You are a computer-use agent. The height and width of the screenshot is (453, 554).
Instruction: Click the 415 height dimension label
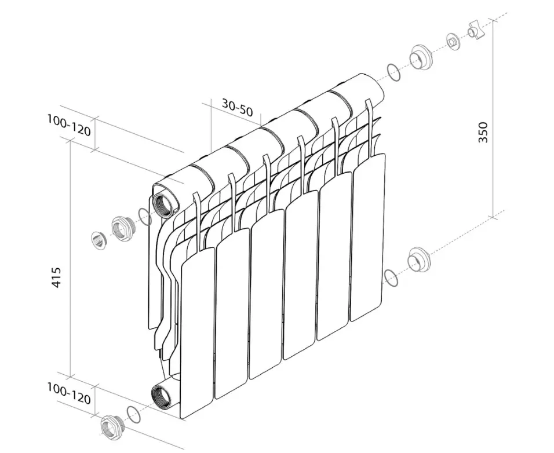[x=57, y=277]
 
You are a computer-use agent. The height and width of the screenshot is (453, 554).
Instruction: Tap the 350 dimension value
[x=483, y=132]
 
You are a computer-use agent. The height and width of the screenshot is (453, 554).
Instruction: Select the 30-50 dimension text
[x=238, y=107]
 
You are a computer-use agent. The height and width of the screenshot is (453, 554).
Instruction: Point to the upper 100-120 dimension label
[x=69, y=125]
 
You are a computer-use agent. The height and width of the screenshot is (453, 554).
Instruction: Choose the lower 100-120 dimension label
[x=69, y=394]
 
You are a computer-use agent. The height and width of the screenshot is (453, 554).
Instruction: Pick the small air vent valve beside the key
[x=453, y=42]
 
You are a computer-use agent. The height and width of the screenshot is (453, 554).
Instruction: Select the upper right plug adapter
[x=421, y=57]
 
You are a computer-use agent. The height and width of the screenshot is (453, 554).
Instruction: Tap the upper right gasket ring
[x=394, y=72]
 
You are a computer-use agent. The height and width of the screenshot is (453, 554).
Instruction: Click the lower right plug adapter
[x=419, y=260]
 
